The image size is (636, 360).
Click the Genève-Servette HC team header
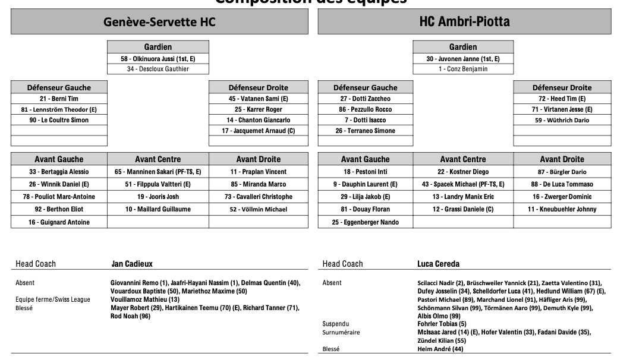click(x=159, y=22)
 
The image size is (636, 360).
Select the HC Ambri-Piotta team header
click(x=464, y=22)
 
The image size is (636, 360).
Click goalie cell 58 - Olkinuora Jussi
click(x=158, y=59)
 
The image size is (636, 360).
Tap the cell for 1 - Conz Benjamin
click(x=463, y=69)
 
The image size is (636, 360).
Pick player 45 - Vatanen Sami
click(x=258, y=99)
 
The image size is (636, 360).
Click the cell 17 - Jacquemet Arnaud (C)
click(x=258, y=131)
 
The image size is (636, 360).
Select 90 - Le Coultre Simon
click(x=59, y=120)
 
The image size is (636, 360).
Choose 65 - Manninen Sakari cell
click(x=158, y=172)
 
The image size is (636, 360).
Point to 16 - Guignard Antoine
click(x=59, y=222)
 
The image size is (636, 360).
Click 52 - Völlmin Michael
click(x=258, y=209)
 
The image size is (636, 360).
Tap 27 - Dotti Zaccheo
click(x=365, y=99)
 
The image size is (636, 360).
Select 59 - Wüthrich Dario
click(x=562, y=120)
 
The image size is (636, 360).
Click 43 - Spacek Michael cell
click(x=463, y=184)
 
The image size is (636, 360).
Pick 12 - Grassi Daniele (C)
click(x=463, y=209)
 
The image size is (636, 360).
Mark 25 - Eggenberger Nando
click(x=365, y=222)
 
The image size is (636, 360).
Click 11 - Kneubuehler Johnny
click(x=562, y=209)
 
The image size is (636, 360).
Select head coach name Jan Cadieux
click(x=132, y=264)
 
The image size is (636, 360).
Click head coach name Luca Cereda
click(x=438, y=264)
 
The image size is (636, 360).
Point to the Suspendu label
click(x=336, y=324)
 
